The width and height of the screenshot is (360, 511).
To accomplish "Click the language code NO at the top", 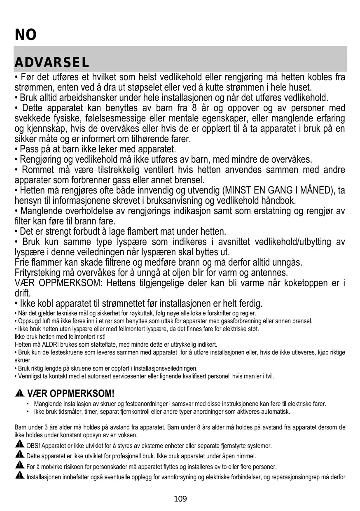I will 26,35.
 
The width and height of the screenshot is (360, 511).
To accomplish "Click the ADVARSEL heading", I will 51,63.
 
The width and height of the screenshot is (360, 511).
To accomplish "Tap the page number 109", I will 180,499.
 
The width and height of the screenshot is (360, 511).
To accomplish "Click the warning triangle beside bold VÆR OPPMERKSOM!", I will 19,394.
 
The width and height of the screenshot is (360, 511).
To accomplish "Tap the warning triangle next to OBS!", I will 19,445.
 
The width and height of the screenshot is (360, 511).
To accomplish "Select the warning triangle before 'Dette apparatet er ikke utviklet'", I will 19,455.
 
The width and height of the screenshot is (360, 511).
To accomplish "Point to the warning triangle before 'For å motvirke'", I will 19,466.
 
